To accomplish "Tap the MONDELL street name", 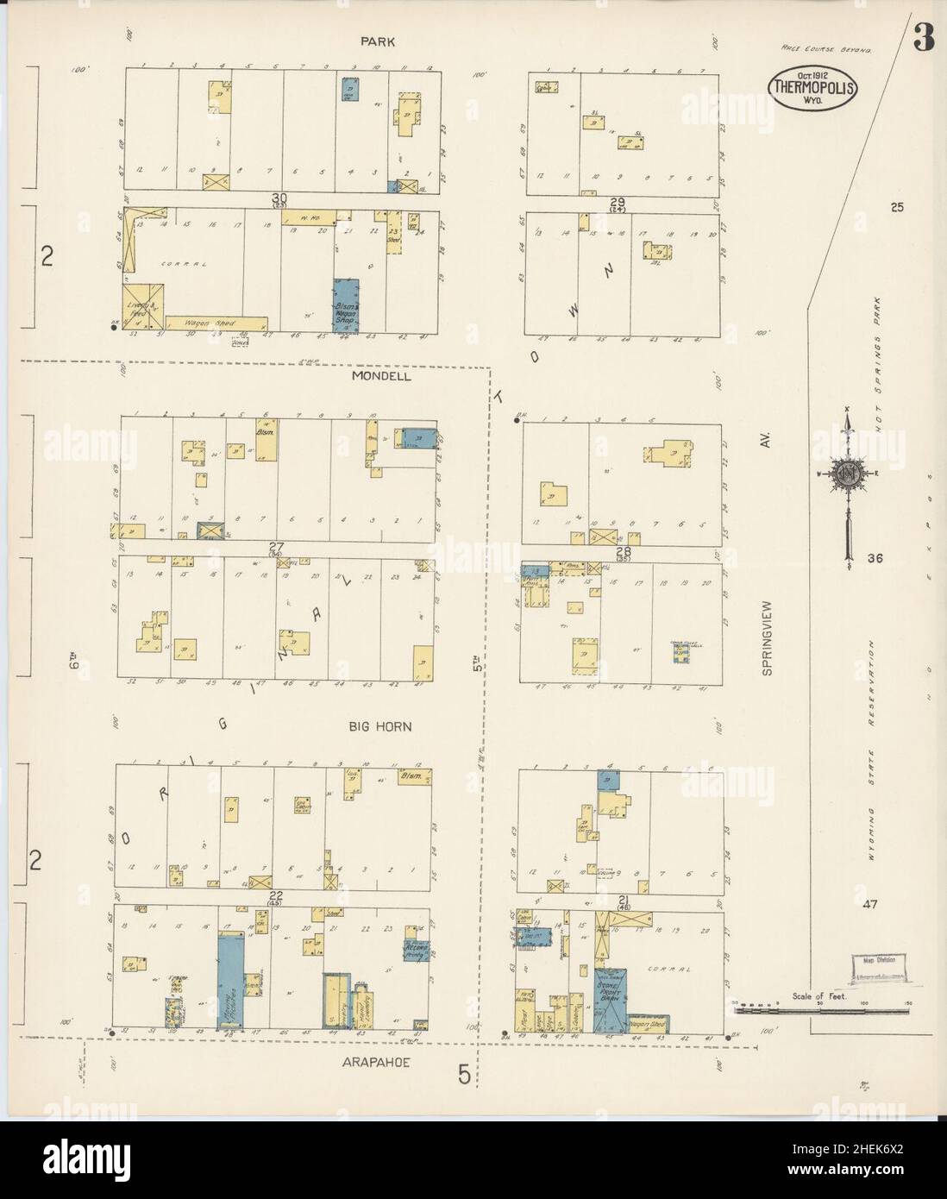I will click(381, 376).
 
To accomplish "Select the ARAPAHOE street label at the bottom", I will click(379, 1064).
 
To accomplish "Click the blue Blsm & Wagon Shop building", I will click(347, 304).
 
